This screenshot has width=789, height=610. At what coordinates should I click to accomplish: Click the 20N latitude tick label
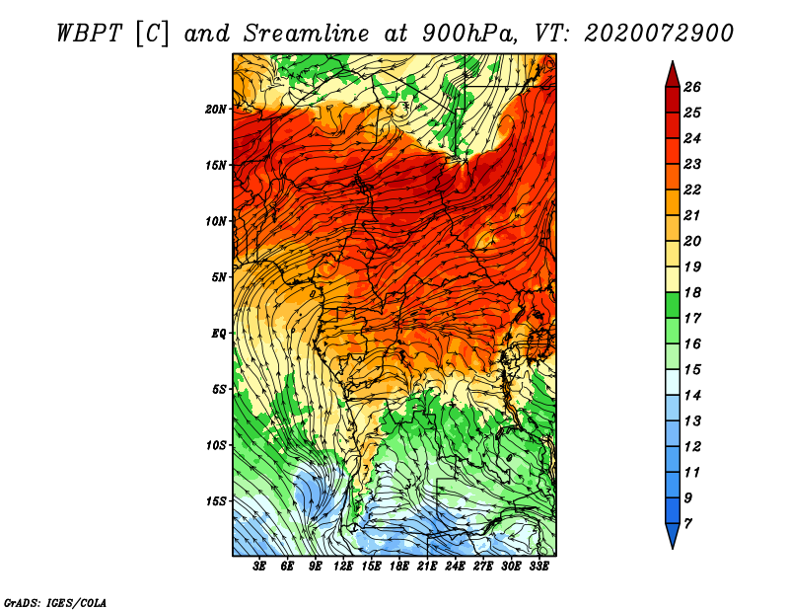coord(216,110)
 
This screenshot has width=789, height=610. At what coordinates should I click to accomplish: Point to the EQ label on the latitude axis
coord(219,334)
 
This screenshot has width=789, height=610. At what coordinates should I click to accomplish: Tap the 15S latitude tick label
coord(216,501)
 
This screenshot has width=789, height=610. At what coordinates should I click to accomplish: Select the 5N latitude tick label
coord(219,277)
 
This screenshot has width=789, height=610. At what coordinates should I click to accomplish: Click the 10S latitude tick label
coord(216,446)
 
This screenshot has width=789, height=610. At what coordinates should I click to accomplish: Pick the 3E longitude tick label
coord(259,567)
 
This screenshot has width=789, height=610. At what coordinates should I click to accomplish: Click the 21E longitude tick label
coord(427,567)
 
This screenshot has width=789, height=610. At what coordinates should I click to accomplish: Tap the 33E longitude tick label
coord(538,567)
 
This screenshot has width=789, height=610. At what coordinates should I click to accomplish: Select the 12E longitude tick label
coord(343,567)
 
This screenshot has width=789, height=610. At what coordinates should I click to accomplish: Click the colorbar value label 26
coord(692,87)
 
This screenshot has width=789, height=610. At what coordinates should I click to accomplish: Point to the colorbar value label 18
coord(692,292)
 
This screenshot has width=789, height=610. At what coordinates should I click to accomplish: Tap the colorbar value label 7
coord(687,524)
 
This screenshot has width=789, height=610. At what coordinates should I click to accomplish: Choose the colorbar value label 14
coord(692,396)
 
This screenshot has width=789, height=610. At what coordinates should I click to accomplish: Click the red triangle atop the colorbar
coord(673,75)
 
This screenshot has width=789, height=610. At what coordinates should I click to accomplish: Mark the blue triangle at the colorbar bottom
coord(673,536)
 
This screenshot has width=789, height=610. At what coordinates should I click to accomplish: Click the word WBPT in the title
coord(89,34)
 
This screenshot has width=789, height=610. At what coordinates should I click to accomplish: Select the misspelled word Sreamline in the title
coord(307,34)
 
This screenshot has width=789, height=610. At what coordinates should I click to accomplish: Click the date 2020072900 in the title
coord(659,34)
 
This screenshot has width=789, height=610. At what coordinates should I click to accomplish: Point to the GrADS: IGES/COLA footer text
coord(55,603)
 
